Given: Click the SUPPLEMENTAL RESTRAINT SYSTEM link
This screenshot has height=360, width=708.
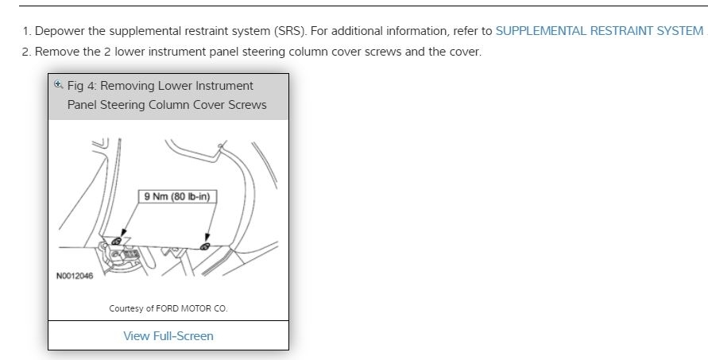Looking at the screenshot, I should point(599,31).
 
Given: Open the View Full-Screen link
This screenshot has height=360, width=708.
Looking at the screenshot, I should point(168,335).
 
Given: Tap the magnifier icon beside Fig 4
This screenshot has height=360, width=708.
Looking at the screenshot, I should point(58,84).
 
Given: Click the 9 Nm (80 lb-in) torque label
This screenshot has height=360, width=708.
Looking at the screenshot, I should point(179,196).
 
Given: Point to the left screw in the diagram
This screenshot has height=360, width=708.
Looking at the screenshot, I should point(117,240).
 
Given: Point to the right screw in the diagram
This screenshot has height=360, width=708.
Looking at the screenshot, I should point(205,246).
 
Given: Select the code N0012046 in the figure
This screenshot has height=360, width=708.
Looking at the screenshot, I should point(75,277).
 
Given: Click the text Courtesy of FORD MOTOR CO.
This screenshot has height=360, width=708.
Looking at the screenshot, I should point(168,308).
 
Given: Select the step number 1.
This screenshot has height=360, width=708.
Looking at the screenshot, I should point(26,31).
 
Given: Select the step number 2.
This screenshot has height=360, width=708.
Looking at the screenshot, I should point(26,52).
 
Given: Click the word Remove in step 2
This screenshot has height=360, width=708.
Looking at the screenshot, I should point(57,52).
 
